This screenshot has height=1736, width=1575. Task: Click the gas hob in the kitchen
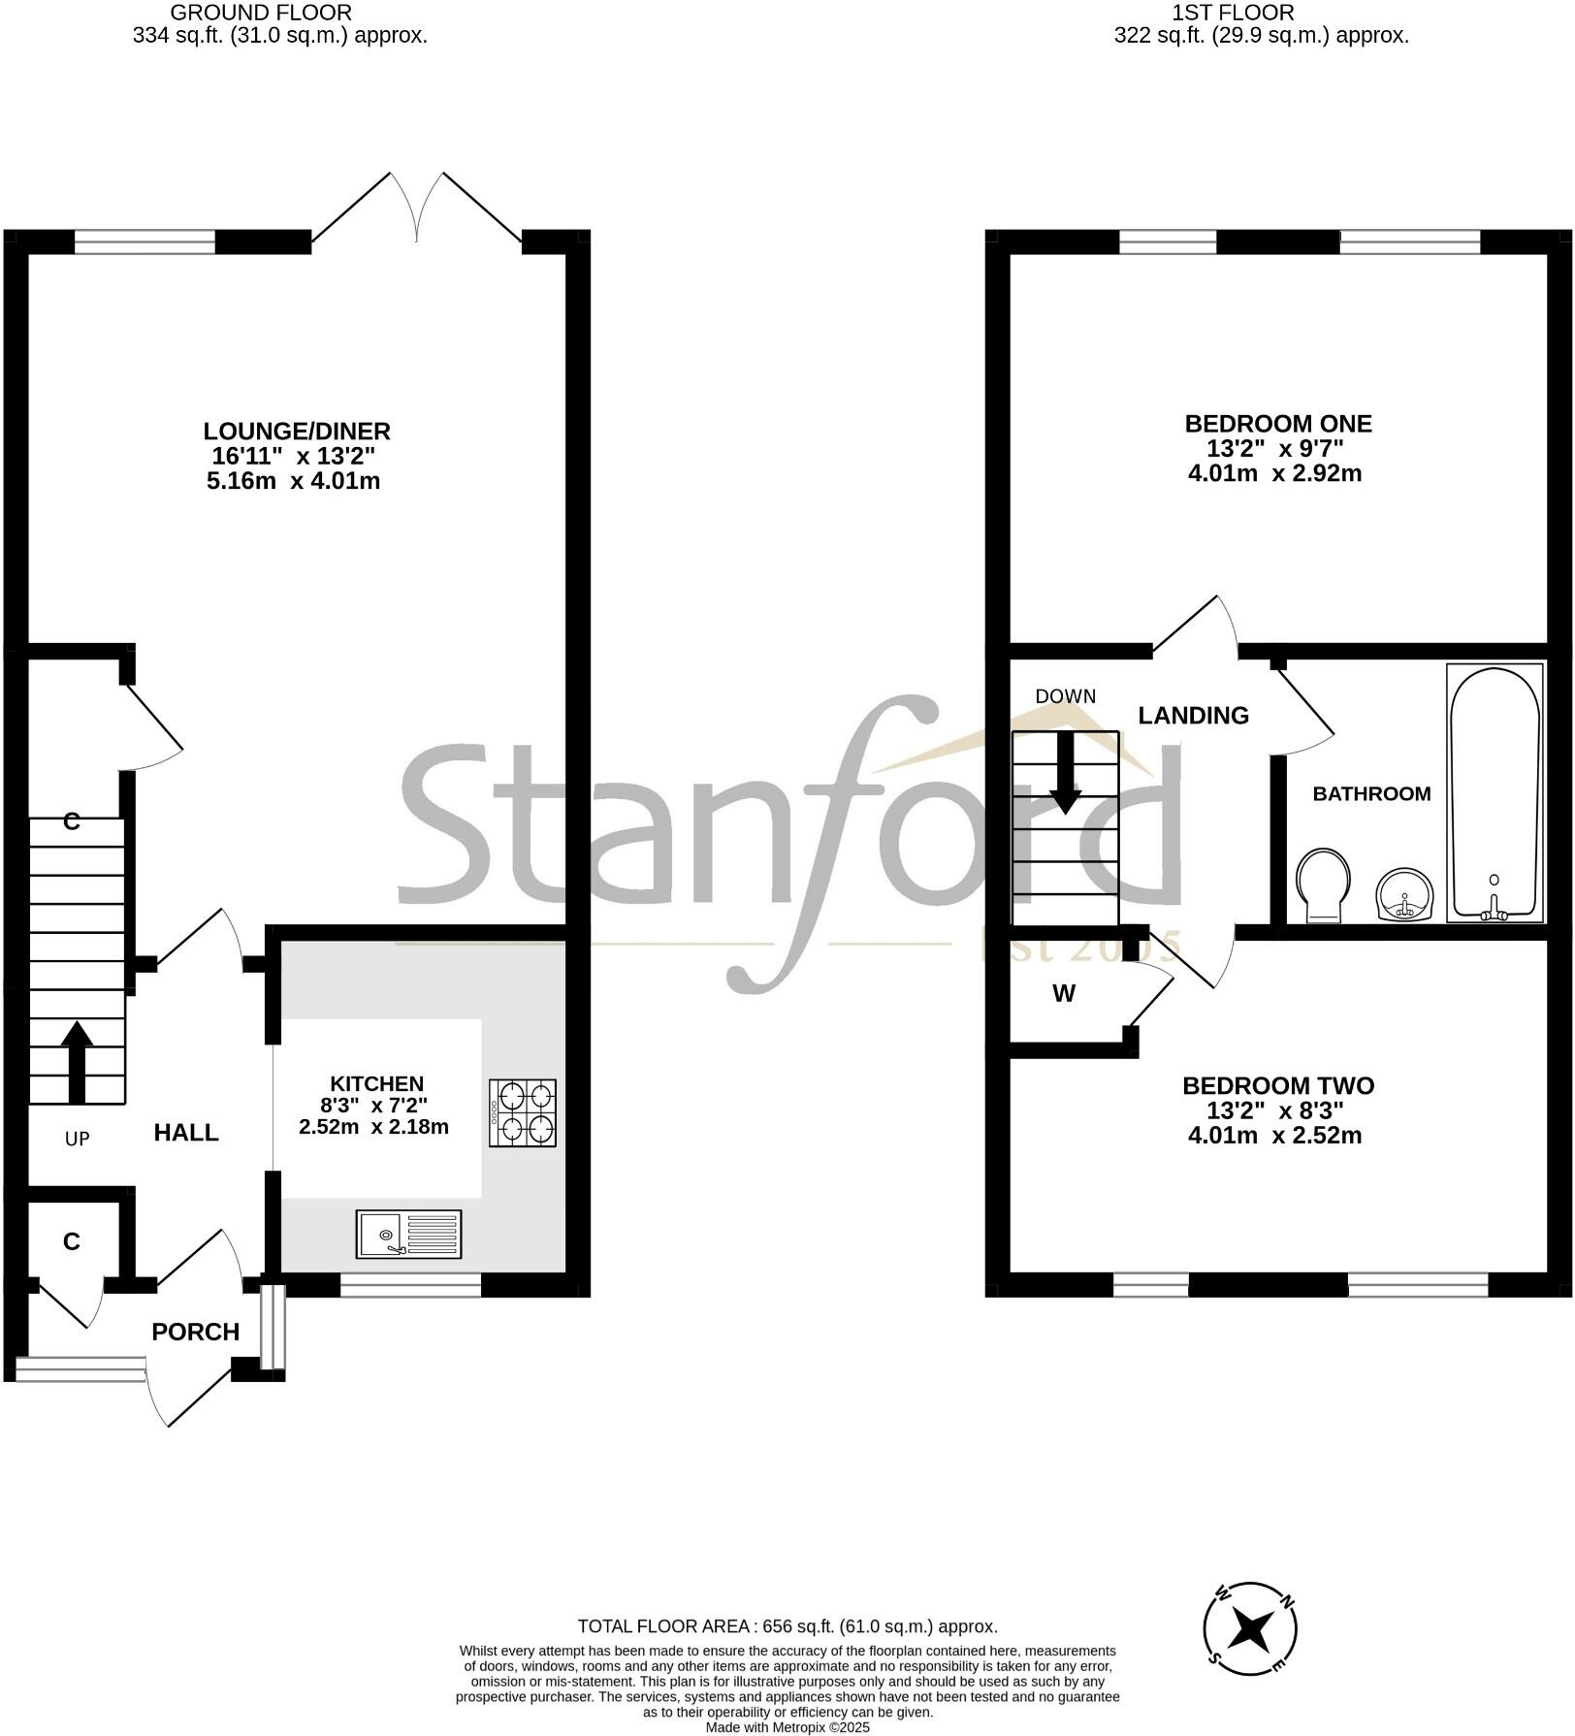[x=523, y=1113]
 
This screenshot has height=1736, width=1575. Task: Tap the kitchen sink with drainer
[x=408, y=1235]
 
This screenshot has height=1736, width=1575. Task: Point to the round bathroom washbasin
[x=1401, y=892]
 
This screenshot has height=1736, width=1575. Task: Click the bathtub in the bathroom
[x=1495, y=791]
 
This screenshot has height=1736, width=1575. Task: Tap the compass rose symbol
[x=1250, y=1629]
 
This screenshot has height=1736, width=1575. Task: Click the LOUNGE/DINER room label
[x=297, y=431]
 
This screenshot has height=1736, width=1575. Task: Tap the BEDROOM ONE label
[x=1278, y=424]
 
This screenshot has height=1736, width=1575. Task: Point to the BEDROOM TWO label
[x=1278, y=1085]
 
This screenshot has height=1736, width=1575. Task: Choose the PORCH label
[x=196, y=1332]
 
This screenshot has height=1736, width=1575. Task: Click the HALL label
[x=186, y=1132]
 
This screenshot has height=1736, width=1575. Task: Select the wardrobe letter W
[x=1064, y=993]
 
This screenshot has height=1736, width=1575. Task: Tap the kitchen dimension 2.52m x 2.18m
[x=373, y=1127]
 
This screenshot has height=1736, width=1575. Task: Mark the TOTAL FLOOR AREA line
[x=787, y=1626]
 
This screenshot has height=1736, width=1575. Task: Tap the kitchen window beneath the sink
[x=410, y=1285]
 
